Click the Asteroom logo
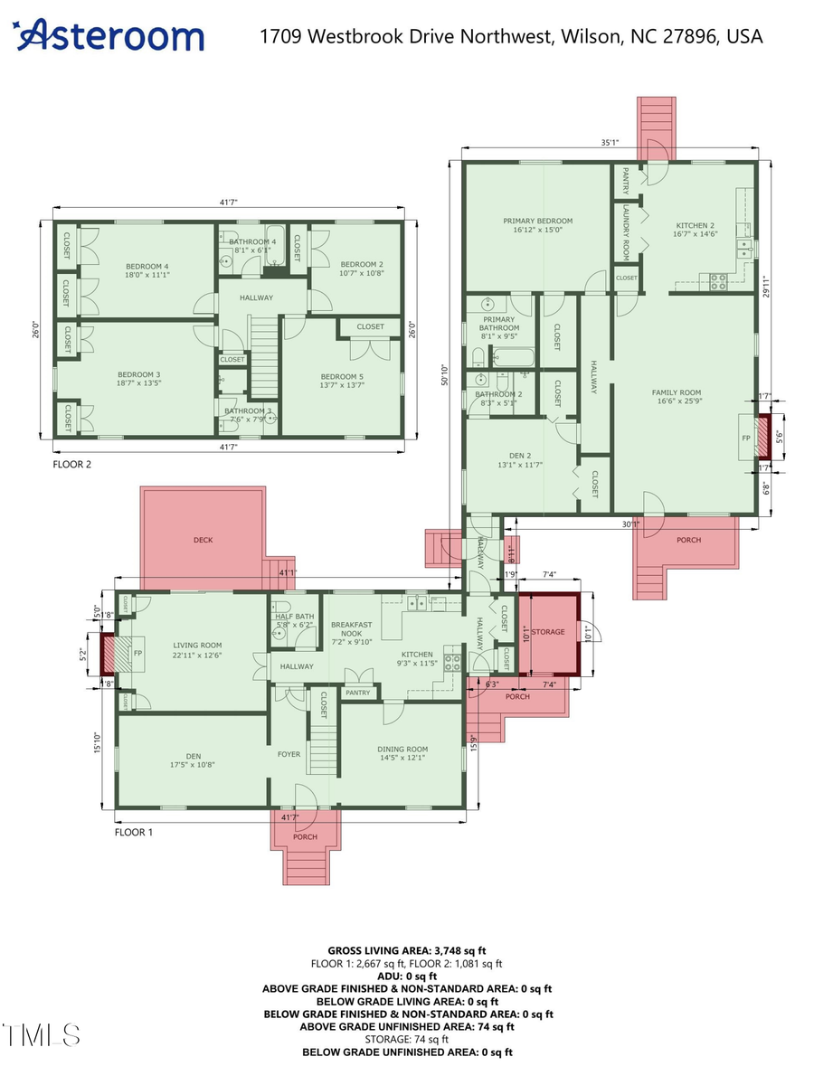[109, 36]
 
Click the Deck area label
[203, 540]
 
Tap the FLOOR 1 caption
[133, 831]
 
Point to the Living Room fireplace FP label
[138, 652]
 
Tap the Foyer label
[289, 753]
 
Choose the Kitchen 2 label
[696, 230]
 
